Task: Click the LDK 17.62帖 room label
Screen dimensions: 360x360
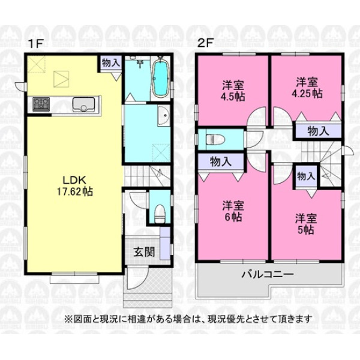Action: [75, 186]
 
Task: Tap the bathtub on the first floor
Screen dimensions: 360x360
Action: [160, 78]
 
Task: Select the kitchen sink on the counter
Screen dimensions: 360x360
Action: [83, 104]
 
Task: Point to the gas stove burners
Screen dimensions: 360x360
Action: [41, 104]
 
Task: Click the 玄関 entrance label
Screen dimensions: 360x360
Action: [144, 253]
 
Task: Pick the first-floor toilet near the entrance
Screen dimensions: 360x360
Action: [160, 214]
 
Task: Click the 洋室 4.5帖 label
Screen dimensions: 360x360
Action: [233, 91]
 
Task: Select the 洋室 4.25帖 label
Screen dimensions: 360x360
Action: [307, 88]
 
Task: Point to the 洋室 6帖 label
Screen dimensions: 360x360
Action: [233, 211]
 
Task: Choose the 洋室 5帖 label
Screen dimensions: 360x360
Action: [306, 224]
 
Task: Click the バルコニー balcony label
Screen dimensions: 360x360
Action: [268, 274]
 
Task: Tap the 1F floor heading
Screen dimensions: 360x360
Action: [36, 44]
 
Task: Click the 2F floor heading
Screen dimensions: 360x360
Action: [206, 43]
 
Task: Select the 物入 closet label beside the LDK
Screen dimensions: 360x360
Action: [111, 62]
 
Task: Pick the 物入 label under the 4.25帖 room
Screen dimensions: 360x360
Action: [319, 131]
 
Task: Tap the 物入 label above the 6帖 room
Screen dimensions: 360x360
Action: [221, 161]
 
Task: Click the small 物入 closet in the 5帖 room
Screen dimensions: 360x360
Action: [306, 176]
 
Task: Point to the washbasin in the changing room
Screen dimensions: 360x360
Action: [164, 116]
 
